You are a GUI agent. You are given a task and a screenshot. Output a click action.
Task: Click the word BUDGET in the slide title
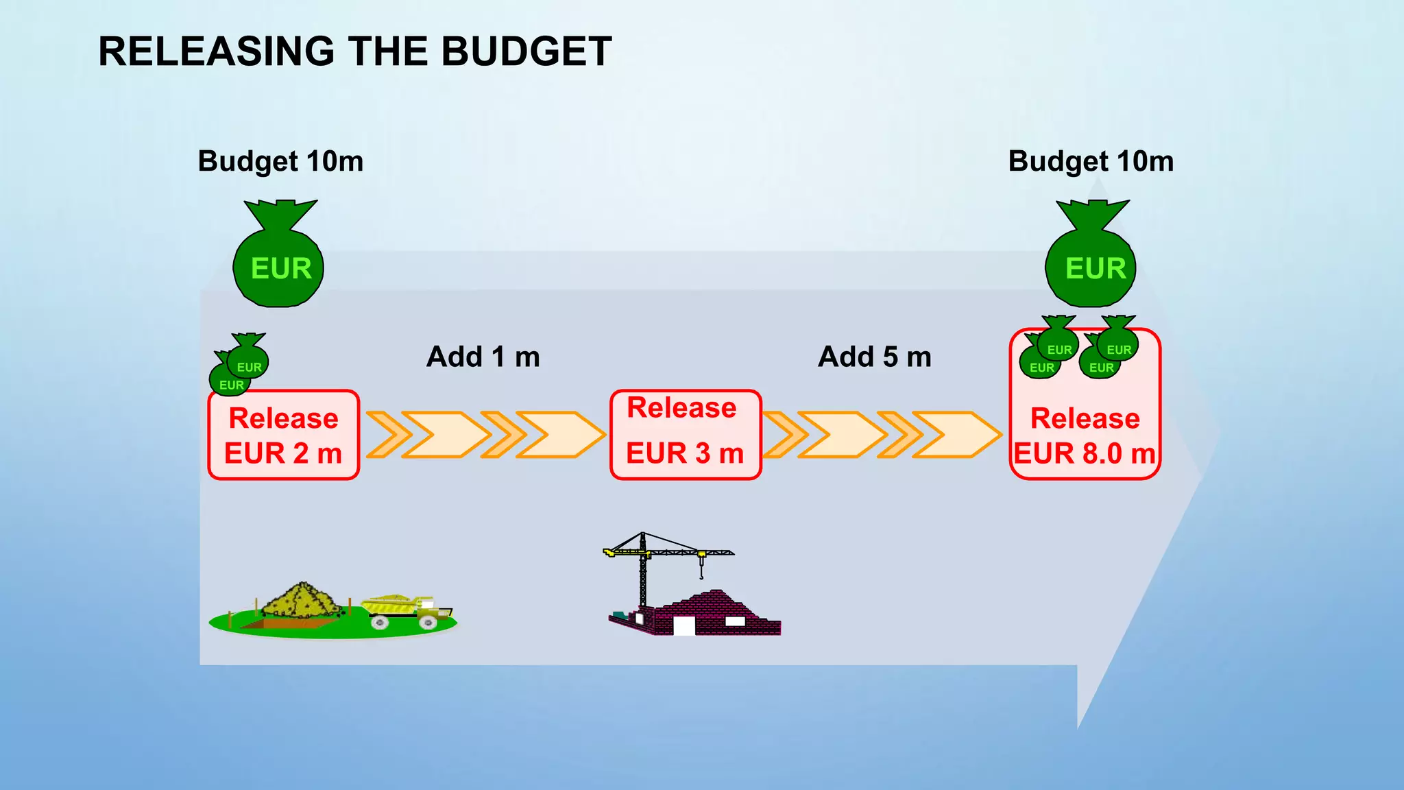click(x=526, y=51)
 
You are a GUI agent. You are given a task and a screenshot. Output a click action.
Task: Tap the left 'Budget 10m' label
click(x=280, y=162)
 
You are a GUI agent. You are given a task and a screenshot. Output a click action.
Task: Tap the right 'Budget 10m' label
click(x=1091, y=162)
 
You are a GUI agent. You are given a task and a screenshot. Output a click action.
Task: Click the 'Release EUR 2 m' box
click(x=284, y=435)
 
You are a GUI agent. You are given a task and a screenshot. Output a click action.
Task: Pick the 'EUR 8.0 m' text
click(x=1085, y=454)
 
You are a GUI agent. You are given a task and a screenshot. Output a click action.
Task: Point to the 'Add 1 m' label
click(x=483, y=357)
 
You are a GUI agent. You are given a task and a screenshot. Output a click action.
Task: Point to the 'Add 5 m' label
click(x=875, y=357)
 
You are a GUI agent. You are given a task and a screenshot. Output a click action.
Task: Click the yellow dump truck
click(x=404, y=610)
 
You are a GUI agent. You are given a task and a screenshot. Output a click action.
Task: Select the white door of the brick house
click(x=683, y=625)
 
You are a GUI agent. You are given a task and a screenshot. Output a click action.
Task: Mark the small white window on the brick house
click(x=735, y=621)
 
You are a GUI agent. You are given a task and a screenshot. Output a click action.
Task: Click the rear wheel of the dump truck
click(x=379, y=622)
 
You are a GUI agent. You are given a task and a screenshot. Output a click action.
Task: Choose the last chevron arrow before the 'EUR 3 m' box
click(x=559, y=435)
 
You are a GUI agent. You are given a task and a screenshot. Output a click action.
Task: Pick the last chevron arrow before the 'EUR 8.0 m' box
click(x=956, y=435)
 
